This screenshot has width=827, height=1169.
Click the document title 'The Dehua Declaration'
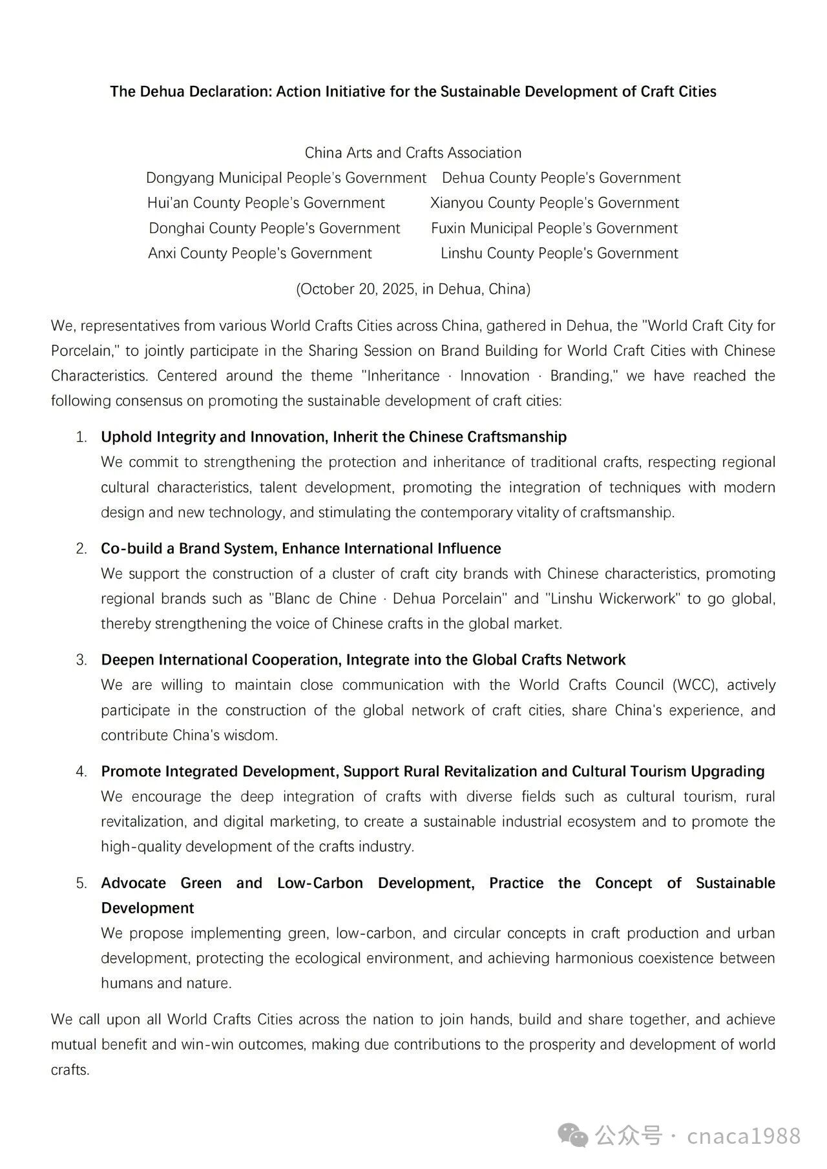coord(413,91)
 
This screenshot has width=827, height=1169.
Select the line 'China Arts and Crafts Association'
coord(413,153)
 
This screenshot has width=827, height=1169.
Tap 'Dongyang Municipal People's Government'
coord(286,178)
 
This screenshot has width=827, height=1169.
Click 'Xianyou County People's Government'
coord(554,203)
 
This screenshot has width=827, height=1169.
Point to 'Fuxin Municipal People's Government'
coord(554,228)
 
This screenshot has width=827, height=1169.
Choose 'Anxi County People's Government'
coord(260,253)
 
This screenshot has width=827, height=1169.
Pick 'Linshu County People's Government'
coord(559,253)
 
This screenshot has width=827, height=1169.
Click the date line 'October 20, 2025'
coord(413,289)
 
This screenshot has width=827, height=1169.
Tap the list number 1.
coord(81,437)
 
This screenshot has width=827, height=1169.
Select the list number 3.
coord(81,660)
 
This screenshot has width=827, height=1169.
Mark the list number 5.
coord(81,883)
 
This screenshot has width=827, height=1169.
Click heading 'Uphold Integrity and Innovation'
coord(333,437)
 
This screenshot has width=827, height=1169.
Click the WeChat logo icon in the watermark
coord(574,1135)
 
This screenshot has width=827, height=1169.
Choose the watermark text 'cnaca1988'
coord(744,1135)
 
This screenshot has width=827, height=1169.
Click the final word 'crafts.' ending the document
coord(70,1070)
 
